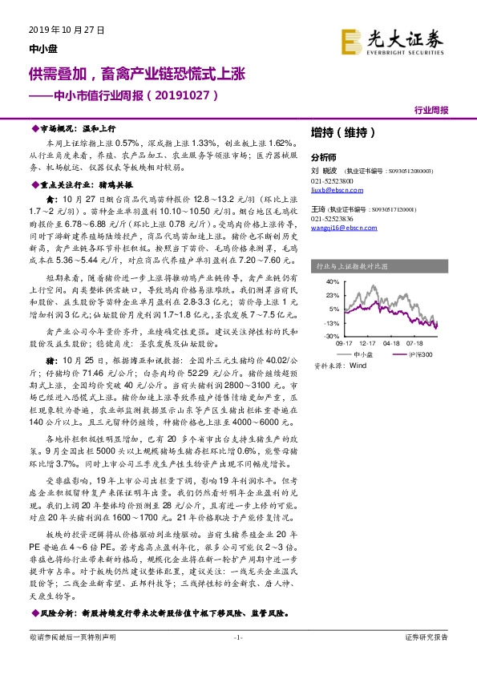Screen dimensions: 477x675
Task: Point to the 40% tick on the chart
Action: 329,282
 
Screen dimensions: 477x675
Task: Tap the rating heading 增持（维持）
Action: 338,133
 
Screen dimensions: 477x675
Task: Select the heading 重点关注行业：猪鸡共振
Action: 84,183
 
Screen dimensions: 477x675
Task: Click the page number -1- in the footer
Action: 238,659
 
